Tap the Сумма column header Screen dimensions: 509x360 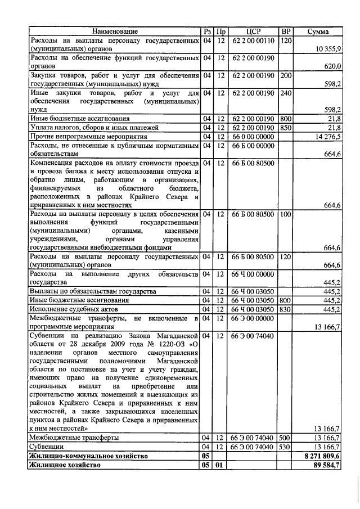click(x=318, y=31)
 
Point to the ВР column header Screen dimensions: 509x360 click(x=286, y=31)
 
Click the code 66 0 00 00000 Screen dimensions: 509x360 click(x=253, y=136)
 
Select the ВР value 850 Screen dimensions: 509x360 click(x=286, y=128)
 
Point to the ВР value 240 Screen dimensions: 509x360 click(x=286, y=92)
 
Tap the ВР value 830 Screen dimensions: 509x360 click(x=286, y=309)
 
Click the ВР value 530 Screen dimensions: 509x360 click(x=286, y=447)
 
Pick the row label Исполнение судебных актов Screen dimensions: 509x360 click(x=73, y=309)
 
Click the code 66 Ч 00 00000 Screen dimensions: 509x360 click(x=253, y=274)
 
